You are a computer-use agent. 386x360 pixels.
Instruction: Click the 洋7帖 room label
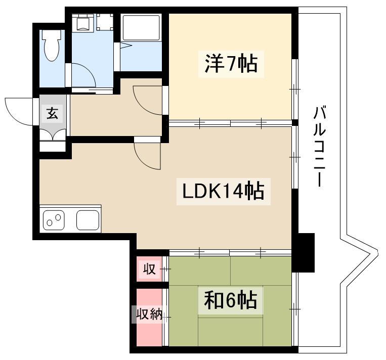[231, 65]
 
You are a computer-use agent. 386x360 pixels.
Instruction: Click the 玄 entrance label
[53, 113]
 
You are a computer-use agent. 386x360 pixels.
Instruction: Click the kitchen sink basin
[88, 220]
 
